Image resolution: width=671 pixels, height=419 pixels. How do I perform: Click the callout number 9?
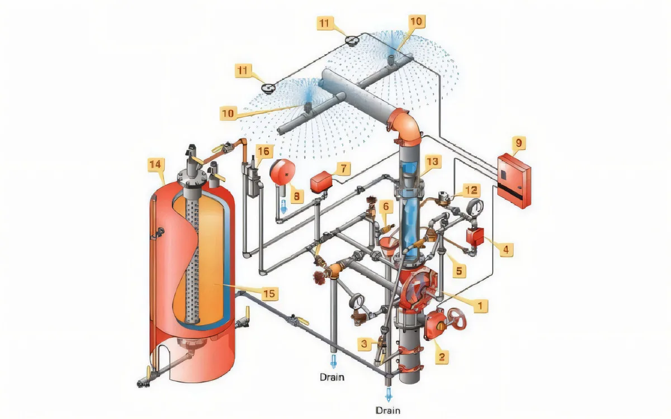point(518,143)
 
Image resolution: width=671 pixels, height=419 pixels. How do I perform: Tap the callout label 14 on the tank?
point(155,164)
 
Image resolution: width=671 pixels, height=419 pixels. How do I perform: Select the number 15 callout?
point(270,293)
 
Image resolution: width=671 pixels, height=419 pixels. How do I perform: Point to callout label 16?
point(264,151)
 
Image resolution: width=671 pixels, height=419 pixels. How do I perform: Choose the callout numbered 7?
point(343,167)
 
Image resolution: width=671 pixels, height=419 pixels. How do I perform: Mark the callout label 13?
point(432,162)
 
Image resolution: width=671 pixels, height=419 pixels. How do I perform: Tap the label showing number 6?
point(385,206)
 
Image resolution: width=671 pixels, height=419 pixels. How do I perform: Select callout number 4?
point(505,249)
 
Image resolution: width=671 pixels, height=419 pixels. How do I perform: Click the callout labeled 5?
point(459,272)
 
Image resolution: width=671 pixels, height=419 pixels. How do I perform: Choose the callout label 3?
point(364,344)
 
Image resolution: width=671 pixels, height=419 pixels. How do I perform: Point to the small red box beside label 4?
point(475,236)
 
